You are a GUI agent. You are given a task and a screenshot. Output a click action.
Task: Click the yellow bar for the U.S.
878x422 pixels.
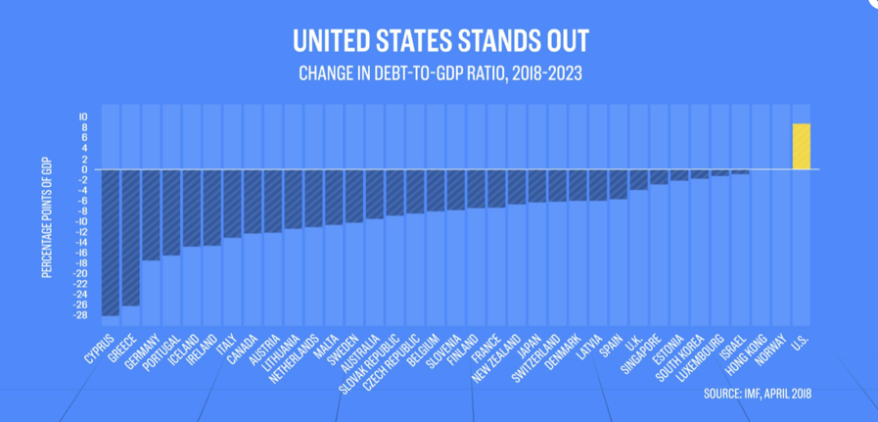point(801,147)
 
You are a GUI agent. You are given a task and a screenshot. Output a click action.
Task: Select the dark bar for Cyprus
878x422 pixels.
point(111,242)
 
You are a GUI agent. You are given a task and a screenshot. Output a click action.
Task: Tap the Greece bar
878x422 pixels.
point(130,237)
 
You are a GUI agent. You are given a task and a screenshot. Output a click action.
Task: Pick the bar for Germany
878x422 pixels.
point(151,214)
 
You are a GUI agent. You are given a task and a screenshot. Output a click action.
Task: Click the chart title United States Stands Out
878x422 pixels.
point(439,42)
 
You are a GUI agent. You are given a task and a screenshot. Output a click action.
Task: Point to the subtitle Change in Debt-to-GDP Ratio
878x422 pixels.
point(439,73)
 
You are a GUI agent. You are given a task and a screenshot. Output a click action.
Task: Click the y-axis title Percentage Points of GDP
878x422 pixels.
point(46,215)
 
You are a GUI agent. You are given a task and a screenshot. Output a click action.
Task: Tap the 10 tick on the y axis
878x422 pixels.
point(84,117)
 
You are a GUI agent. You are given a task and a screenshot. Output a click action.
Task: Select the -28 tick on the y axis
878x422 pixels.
point(82,315)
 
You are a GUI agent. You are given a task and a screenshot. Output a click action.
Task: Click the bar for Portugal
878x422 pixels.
point(171,212)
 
